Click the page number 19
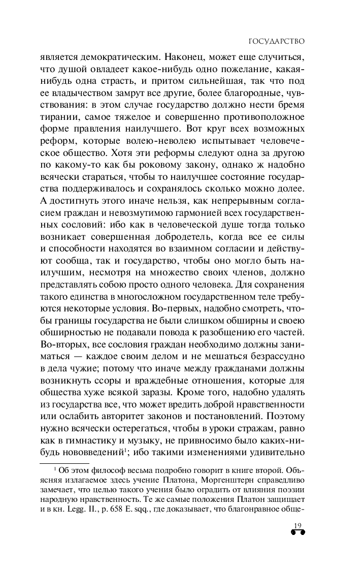[x=297, y=526]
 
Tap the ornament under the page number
[x=297, y=533]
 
